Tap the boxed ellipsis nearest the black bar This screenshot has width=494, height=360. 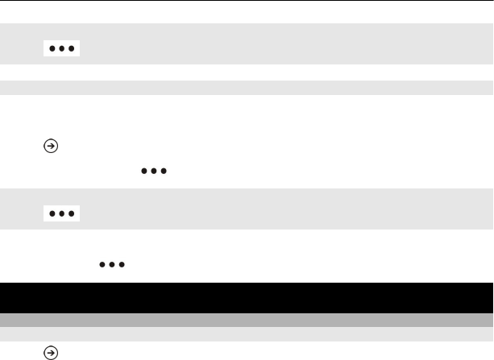click(x=61, y=213)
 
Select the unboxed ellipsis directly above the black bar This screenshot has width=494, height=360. click(x=112, y=263)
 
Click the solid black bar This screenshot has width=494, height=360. click(x=247, y=297)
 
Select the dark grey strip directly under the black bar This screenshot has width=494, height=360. click(x=247, y=320)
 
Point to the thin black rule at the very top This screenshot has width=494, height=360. click(x=247, y=1)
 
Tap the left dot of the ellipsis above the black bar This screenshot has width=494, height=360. click(x=103, y=263)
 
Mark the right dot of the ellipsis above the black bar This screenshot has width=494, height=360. click(x=121, y=263)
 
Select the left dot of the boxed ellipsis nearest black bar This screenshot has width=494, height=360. click(x=52, y=213)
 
